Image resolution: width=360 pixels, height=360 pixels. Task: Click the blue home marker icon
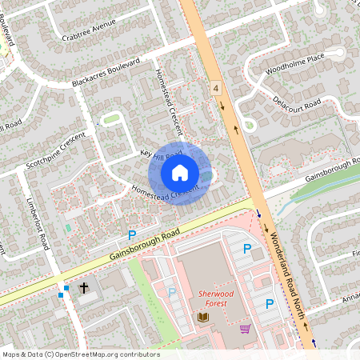[x=180, y=173]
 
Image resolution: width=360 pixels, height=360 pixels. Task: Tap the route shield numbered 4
[x=216, y=86]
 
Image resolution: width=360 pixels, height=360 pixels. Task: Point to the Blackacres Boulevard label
[x=105, y=73]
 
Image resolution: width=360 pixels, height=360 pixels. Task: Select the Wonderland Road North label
[x=287, y=277]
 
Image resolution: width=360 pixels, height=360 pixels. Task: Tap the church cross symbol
[x=84, y=288]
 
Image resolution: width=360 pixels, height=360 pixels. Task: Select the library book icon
[x=202, y=318]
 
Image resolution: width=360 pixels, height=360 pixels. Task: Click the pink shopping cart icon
[x=245, y=328]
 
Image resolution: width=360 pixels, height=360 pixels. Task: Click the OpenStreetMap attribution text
[x=80, y=354]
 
